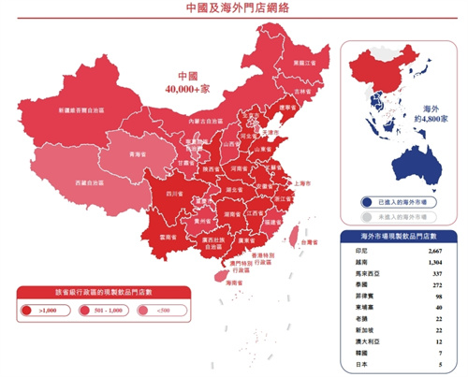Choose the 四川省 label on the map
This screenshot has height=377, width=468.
(174, 193)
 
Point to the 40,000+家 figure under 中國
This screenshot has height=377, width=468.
(190, 88)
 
